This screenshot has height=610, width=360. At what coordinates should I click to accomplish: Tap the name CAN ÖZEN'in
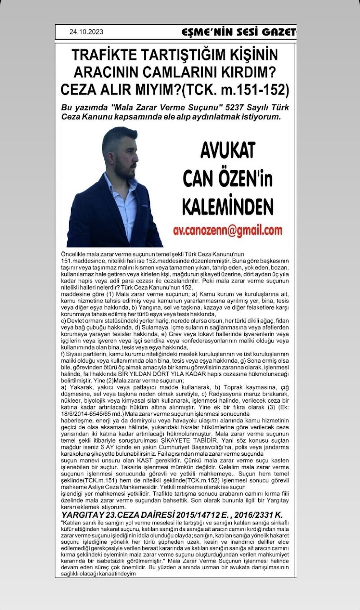pyautogui.click(x=227, y=179)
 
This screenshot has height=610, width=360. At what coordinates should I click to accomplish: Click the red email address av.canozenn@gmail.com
pyautogui.click(x=228, y=230)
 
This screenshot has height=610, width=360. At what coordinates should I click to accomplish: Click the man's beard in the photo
pyautogui.click(x=122, y=167)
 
